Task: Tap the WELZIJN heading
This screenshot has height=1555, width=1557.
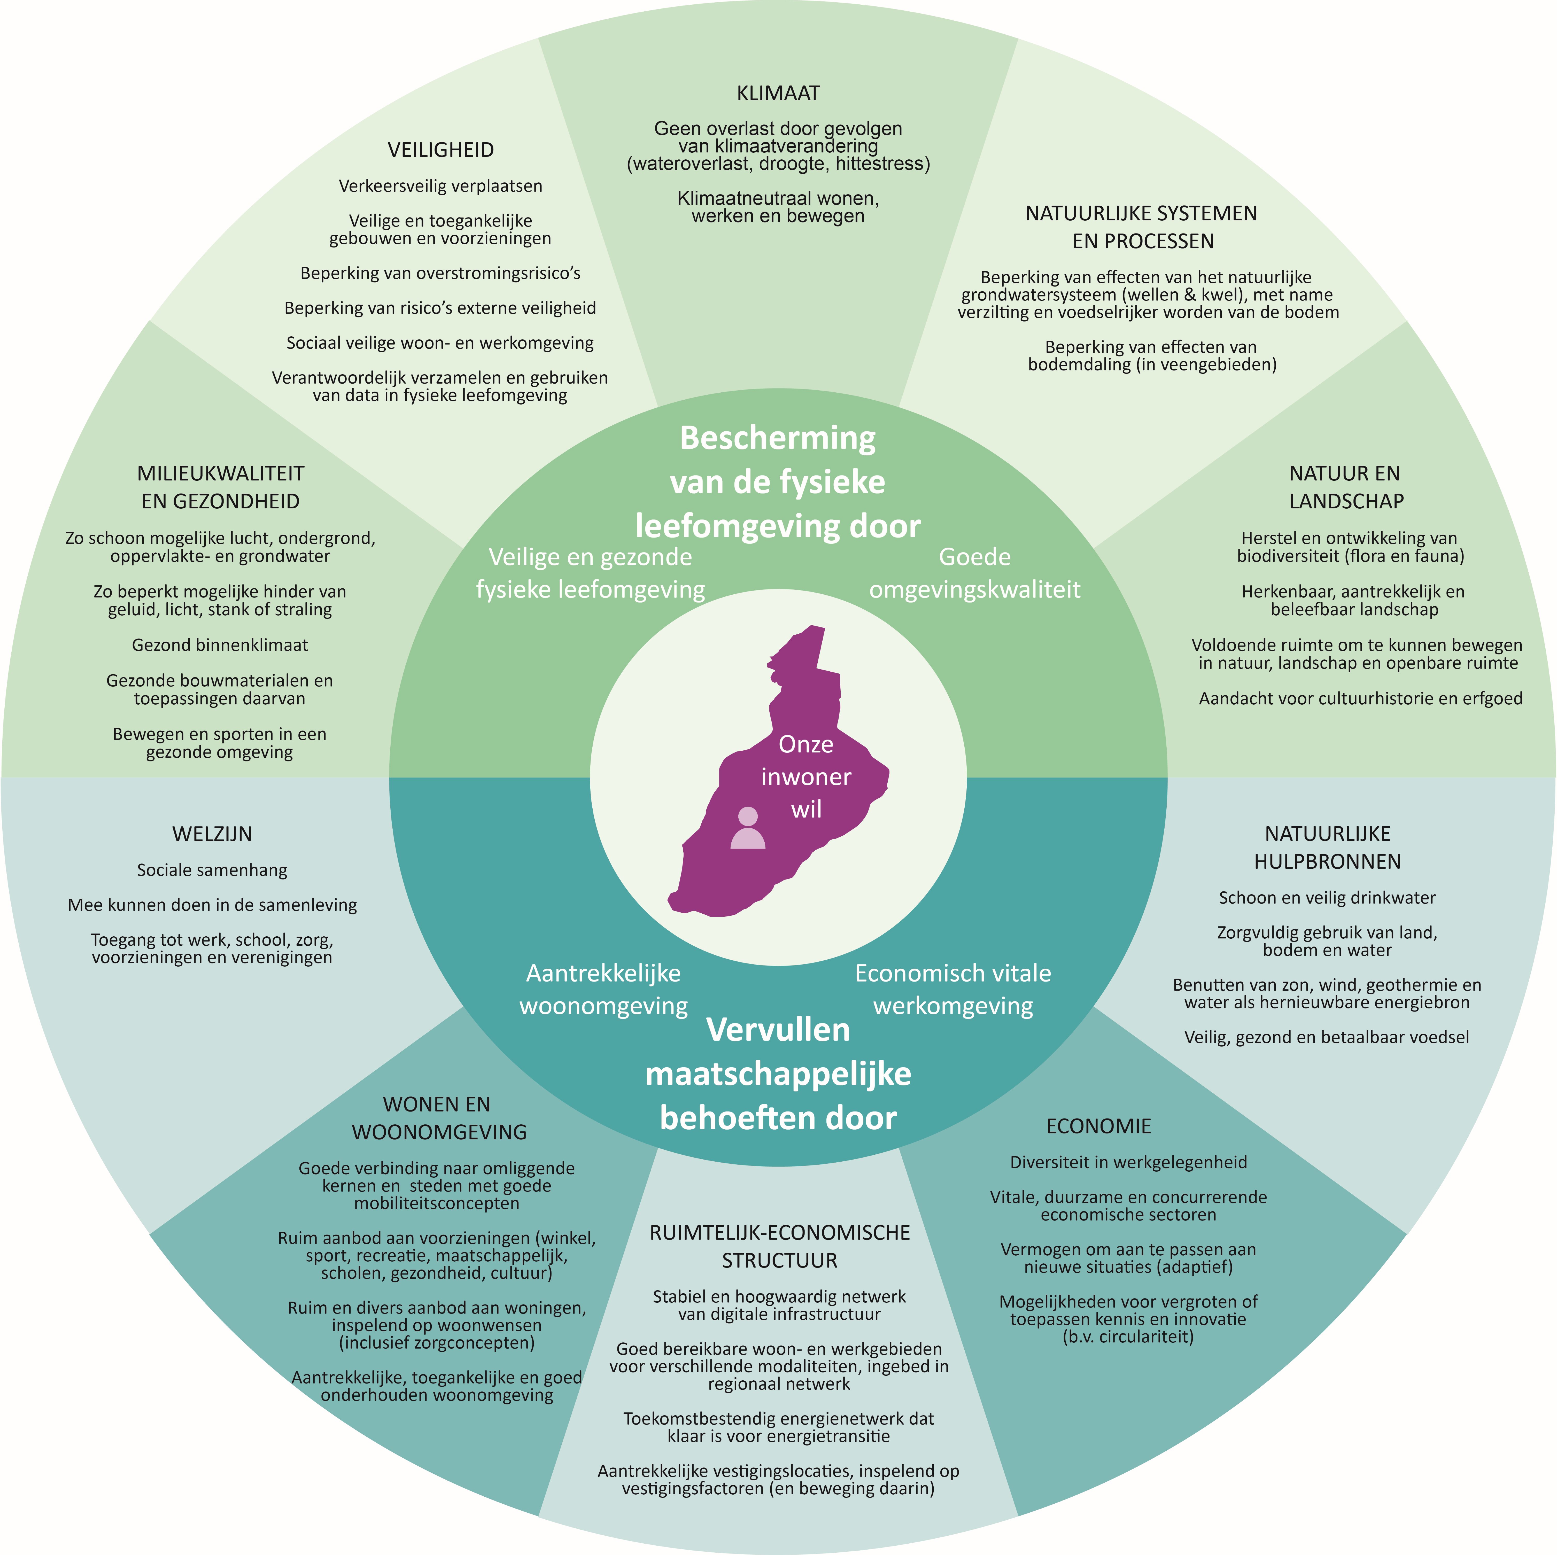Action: tap(212, 834)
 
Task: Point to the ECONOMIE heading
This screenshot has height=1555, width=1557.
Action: tap(1098, 1126)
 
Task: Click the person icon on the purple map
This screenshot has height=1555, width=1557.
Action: tap(747, 828)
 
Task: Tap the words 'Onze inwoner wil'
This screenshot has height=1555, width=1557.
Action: tap(806, 777)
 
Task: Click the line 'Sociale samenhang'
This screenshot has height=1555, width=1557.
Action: tap(212, 870)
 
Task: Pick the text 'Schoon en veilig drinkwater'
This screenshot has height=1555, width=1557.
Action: tap(1327, 898)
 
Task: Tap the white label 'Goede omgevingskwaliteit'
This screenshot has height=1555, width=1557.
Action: tap(974, 573)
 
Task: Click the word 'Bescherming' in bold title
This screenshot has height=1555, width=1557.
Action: tap(778, 438)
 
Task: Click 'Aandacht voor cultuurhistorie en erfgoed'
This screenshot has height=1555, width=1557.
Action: tap(1360, 698)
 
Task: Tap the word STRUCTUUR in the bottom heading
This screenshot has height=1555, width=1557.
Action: tap(779, 1261)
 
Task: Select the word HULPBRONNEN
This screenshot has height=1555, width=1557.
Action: tap(1327, 862)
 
